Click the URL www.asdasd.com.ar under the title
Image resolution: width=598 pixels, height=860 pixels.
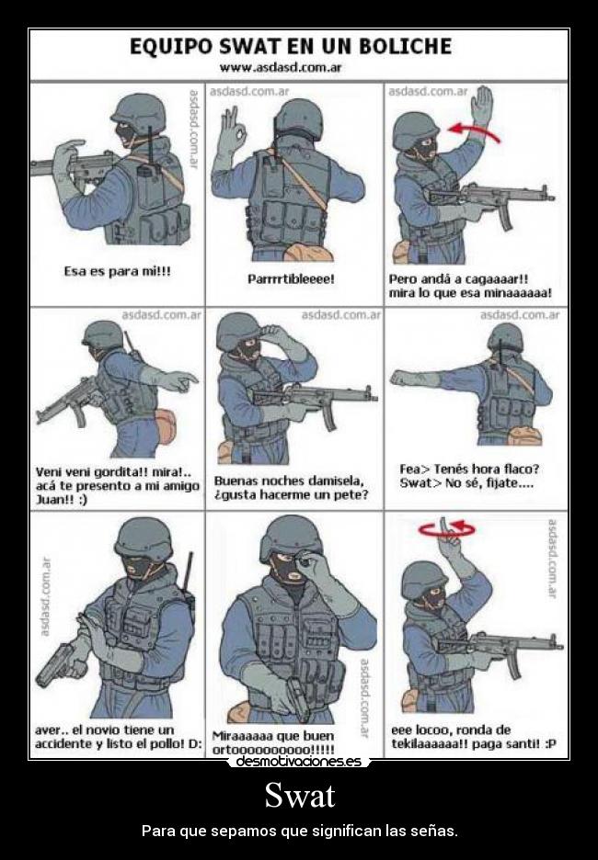click(281, 67)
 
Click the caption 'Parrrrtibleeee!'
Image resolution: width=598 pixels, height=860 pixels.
click(291, 278)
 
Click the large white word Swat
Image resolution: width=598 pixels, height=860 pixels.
click(299, 795)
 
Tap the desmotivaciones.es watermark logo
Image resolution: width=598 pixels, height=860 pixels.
click(299, 761)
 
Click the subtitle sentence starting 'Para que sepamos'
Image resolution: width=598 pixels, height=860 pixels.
click(299, 831)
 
